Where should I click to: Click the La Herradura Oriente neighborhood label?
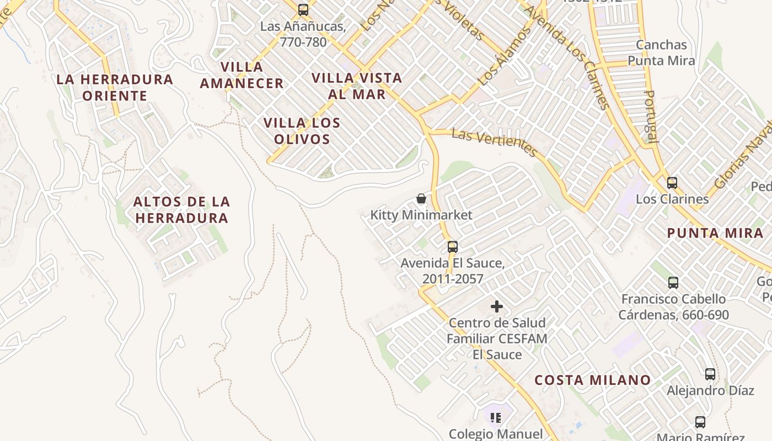(115, 87)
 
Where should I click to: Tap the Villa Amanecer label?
(242, 75)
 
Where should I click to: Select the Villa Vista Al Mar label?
(357, 85)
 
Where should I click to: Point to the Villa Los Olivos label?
(302, 131)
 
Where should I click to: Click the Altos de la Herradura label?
(181, 209)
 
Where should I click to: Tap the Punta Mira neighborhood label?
(715, 233)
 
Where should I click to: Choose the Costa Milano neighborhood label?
(593, 380)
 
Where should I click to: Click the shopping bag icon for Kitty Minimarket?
(421, 198)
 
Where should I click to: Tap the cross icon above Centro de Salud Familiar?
(497, 306)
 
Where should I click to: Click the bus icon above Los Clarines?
(672, 182)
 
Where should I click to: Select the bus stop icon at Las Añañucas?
(303, 10)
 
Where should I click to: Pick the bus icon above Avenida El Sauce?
(452, 246)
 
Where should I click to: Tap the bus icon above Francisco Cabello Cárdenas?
(673, 283)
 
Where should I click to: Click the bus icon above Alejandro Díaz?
(710, 374)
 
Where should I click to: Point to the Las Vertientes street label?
(494, 143)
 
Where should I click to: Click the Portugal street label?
(651, 116)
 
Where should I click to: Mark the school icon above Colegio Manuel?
(496, 418)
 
